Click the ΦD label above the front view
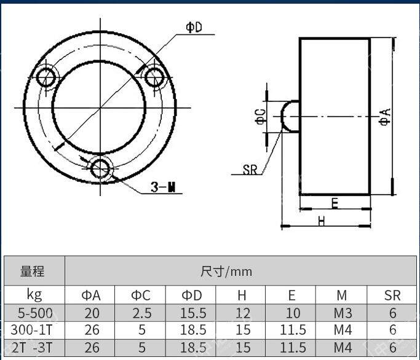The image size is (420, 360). coord(194,27)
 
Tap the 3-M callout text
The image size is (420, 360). coord(163,187)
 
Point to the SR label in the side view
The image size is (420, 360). coord(250,170)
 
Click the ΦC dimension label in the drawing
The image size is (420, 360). coord(261,117)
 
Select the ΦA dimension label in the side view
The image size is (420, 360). coord(385,117)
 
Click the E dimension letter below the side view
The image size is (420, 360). coord(335,203)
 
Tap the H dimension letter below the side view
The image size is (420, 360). coord(322,221)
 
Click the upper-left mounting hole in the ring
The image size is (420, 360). coord(46,77)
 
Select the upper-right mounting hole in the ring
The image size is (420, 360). coord(154,77)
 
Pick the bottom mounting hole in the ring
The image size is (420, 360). coord(100,169)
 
